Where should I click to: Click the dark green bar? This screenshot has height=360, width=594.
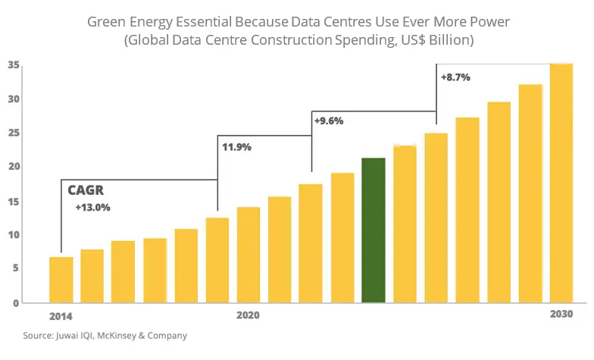click(x=374, y=230)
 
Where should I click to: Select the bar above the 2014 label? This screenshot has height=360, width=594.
click(x=61, y=279)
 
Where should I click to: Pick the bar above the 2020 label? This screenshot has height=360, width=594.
click(x=249, y=254)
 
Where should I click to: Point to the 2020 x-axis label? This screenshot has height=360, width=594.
click(x=249, y=315)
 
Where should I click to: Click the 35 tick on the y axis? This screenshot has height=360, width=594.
click(x=14, y=65)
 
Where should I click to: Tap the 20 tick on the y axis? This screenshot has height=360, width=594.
click(x=14, y=167)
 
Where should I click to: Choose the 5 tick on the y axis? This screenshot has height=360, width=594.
click(x=16, y=268)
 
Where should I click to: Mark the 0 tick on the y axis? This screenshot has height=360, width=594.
click(x=16, y=302)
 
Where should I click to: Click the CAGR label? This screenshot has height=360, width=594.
click(x=86, y=191)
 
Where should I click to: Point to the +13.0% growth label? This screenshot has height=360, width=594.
click(x=92, y=208)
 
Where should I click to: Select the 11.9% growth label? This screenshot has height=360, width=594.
click(x=237, y=147)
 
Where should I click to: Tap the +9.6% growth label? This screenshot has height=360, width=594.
click(x=330, y=120)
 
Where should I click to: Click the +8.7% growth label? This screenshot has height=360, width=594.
click(x=455, y=77)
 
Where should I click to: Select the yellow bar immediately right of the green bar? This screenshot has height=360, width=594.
click(x=405, y=224)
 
